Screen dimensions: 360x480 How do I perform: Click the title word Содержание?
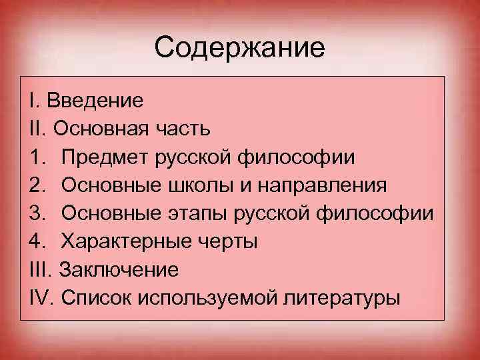click(239, 48)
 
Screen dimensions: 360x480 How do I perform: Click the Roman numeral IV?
click(41, 298)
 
